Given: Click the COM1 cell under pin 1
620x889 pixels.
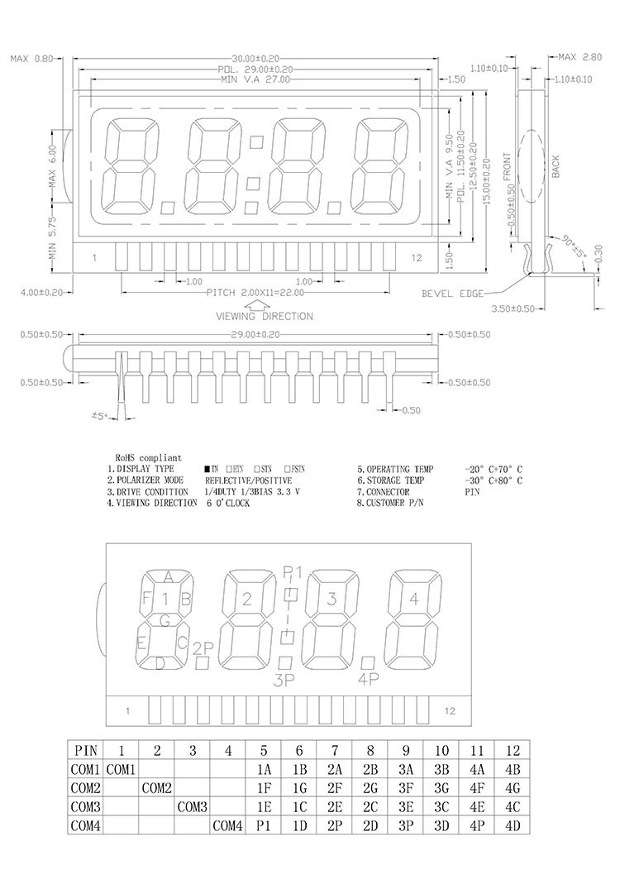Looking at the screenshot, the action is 121,769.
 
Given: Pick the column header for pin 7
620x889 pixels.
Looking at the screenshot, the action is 335,751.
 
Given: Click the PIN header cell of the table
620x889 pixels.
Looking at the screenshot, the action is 86,751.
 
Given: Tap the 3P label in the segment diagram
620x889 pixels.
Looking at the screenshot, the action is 284,681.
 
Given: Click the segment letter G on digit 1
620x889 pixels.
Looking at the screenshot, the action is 165,619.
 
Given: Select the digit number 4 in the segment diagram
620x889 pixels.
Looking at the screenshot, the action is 414,599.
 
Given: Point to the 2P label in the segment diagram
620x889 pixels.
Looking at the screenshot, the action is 203,647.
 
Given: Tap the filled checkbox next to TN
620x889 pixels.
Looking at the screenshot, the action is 207,469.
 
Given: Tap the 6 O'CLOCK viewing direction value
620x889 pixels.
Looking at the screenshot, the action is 228,503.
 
